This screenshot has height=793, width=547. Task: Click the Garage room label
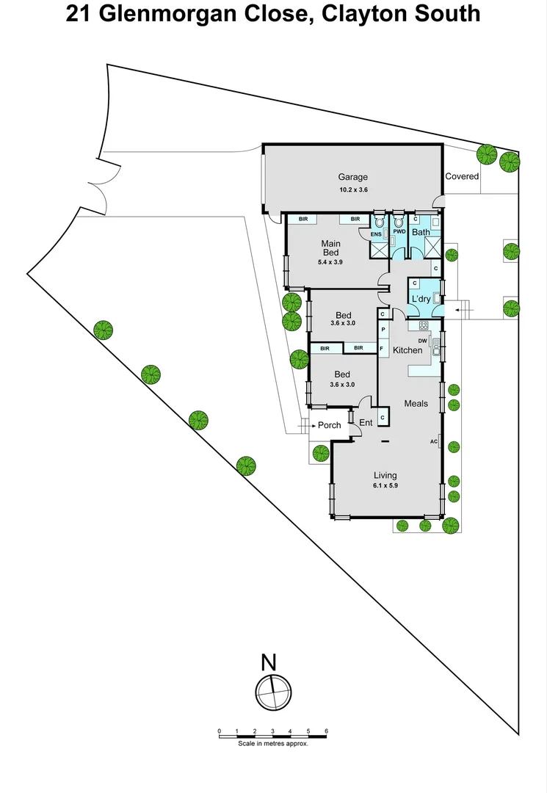pyautogui.click(x=352, y=177)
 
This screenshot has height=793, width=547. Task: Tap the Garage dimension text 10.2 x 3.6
pyautogui.click(x=352, y=189)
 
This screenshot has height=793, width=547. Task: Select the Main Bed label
pyautogui.click(x=330, y=247)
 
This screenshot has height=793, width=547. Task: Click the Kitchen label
pyautogui.click(x=407, y=350)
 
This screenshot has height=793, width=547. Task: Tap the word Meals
pyautogui.click(x=416, y=403)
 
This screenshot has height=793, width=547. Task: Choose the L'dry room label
pyautogui.click(x=421, y=299)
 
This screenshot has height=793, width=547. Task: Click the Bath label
pyautogui.click(x=421, y=233)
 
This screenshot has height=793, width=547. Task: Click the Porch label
pyautogui.click(x=329, y=425)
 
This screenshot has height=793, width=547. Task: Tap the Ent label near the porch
pyautogui.click(x=366, y=423)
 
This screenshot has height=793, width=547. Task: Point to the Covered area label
pyautogui.click(x=462, y=176)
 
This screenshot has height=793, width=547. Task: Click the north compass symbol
pyautogui.click(x=273, y=691)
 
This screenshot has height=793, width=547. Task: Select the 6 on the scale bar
pyautogui.click(x=326, y=731)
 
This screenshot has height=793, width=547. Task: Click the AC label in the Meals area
pyautogui.click(x=434, y=441)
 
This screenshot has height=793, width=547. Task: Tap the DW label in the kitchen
pyautogui.click(x=422, y=341)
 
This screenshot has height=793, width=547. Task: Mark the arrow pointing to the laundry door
pyautogui.click(x=465, y=311)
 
